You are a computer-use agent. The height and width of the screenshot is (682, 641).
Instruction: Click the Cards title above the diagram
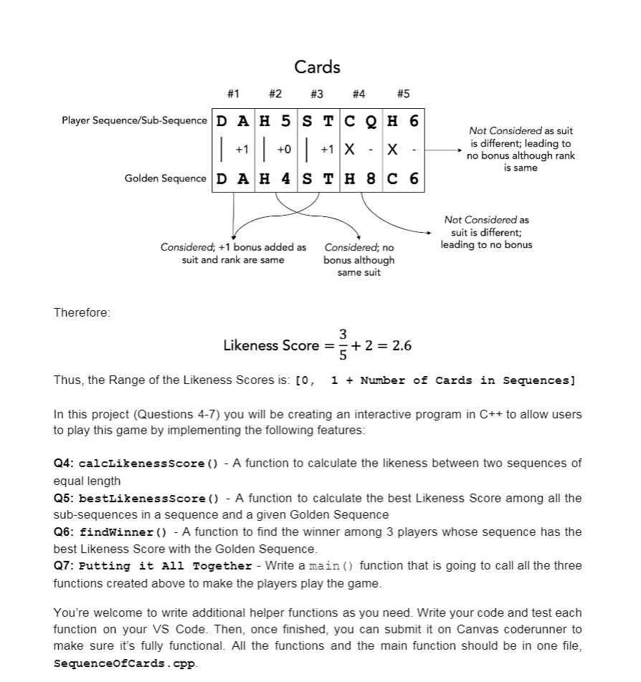(317, 67)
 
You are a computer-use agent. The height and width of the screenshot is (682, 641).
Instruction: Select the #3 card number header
(316, 94)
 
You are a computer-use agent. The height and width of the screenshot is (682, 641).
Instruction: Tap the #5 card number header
(403, 94)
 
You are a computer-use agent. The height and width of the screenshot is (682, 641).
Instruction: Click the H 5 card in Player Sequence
(275, 121)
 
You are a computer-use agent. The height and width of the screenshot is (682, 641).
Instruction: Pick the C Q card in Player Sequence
(361, 121)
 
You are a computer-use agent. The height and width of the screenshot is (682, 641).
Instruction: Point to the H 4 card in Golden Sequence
(275, 178)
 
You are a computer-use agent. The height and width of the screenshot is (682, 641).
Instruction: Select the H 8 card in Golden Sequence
(361, 178)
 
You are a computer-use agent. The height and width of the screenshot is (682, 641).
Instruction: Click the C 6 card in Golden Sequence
(403, 178)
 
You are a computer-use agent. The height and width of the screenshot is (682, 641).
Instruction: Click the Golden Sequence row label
(165, 178)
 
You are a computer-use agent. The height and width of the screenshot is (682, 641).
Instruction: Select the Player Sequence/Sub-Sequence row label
(134, 120)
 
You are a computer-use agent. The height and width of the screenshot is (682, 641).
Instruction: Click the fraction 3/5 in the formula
(343, 345)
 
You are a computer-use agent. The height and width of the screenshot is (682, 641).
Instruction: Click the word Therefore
(82, 312)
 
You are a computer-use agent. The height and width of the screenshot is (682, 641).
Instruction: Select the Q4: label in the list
(65, 464)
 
